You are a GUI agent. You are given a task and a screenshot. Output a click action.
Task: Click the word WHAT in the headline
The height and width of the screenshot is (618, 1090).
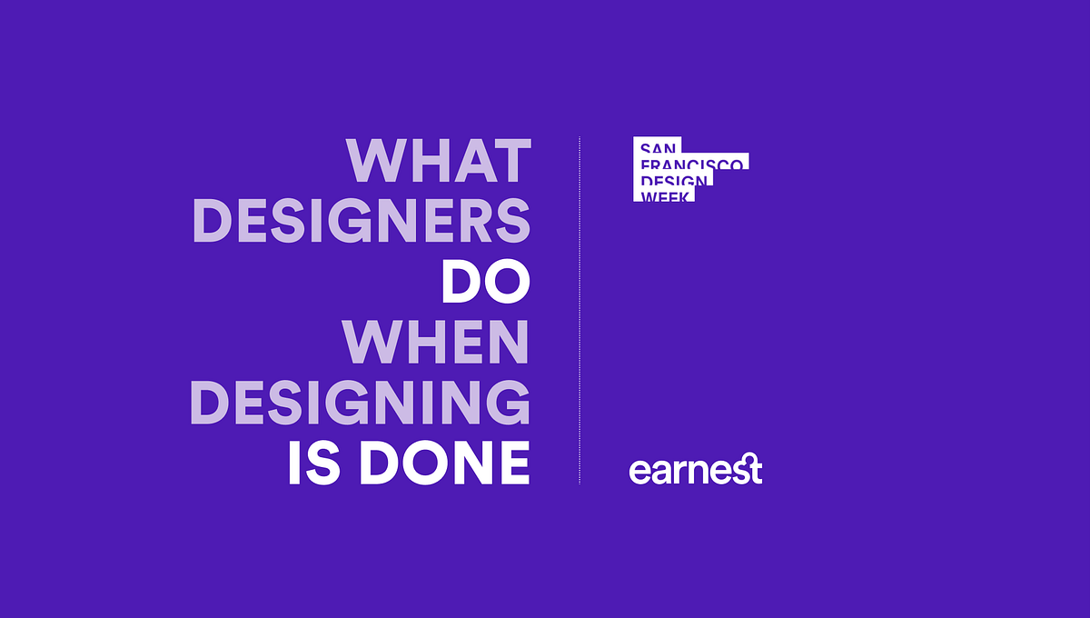pyautogui.click(x=438, y=161)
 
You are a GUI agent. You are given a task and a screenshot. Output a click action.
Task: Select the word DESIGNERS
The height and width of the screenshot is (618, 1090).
pyautogui.click(x=361, y=222)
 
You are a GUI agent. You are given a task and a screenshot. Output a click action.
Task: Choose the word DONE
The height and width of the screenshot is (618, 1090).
pyautogui.click(x=444, y=463)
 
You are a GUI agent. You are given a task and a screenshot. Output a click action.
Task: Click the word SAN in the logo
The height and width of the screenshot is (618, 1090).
pyautogui.click(x=657, y=147)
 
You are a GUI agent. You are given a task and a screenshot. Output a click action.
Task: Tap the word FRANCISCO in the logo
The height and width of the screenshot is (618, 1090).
pyautogui.click(x=692, y=164)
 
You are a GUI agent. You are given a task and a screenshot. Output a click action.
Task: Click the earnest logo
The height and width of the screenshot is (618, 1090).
pyautogui.click(x=695, y=470)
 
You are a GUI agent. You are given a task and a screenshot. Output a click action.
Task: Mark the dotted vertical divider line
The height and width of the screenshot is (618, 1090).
pyautogui.click(x=580, y=309)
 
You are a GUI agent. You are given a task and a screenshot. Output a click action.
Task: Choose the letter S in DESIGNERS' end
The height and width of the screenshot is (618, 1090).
pyautogui.click(x=513, y=222)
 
